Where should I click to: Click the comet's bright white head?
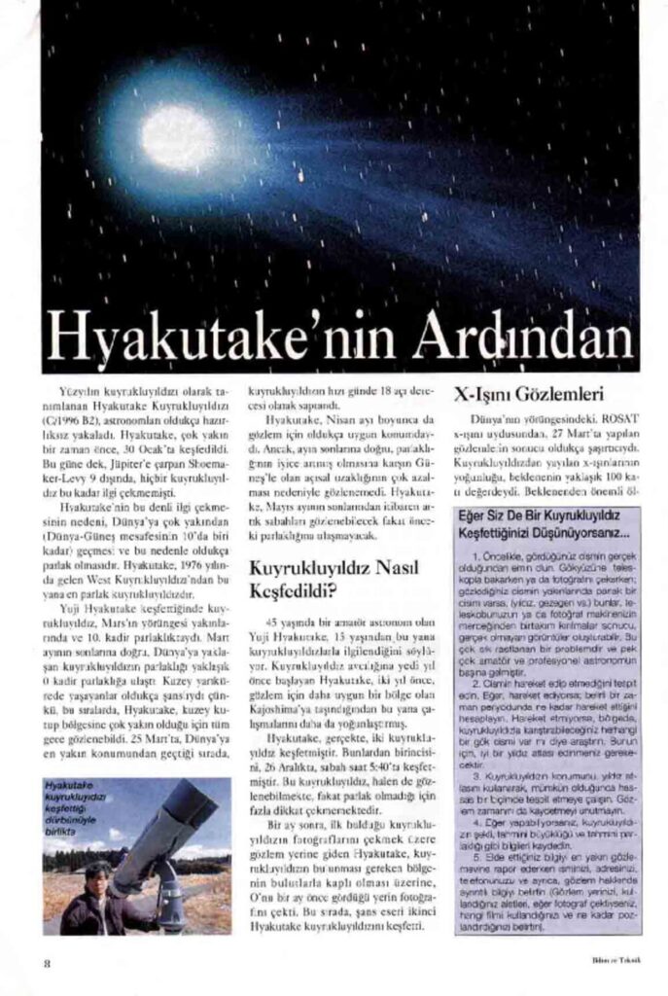[179, 138]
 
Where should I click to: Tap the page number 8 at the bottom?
[46, 963]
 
